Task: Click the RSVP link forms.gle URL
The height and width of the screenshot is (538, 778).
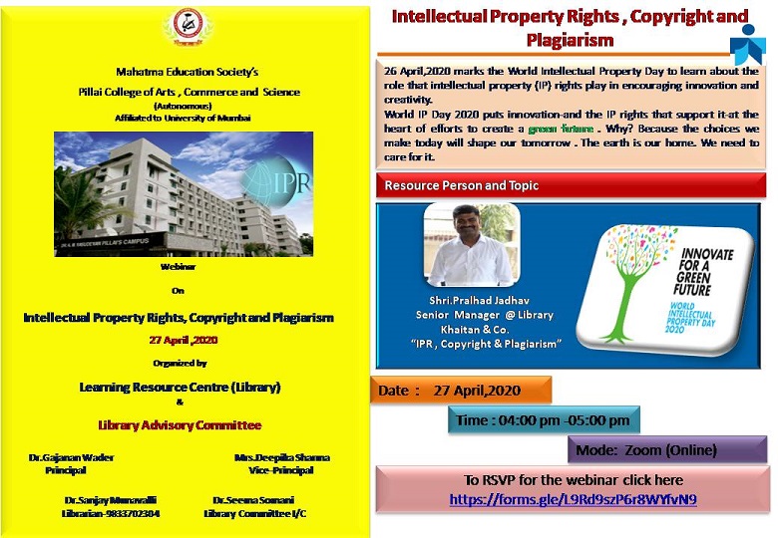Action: pyautogui.click(x=573, y=498)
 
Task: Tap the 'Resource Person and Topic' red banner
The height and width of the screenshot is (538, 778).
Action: pyautogui.click(x=462, y=185)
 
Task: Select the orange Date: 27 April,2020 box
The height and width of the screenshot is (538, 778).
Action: pyautogui.click(x=462, y=392)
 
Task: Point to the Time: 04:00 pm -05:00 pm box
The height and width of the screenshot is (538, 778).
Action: pyautogui.click(x=544, y=420)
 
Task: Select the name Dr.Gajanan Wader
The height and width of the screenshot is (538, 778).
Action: pyautogui.click(x=73, y=457)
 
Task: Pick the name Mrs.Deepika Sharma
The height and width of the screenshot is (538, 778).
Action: pyautogui.click(x=281, y=457)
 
